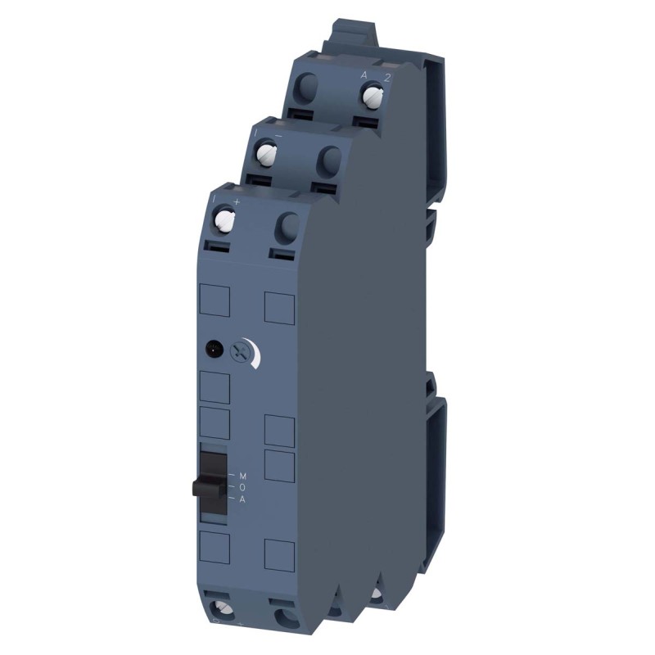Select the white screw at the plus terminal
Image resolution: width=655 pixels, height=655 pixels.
[224, 219]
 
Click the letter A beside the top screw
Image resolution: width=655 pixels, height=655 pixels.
[364, 75]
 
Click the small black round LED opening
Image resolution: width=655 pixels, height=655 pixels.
[215, 347]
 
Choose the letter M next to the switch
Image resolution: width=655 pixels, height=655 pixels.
[242, 475]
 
